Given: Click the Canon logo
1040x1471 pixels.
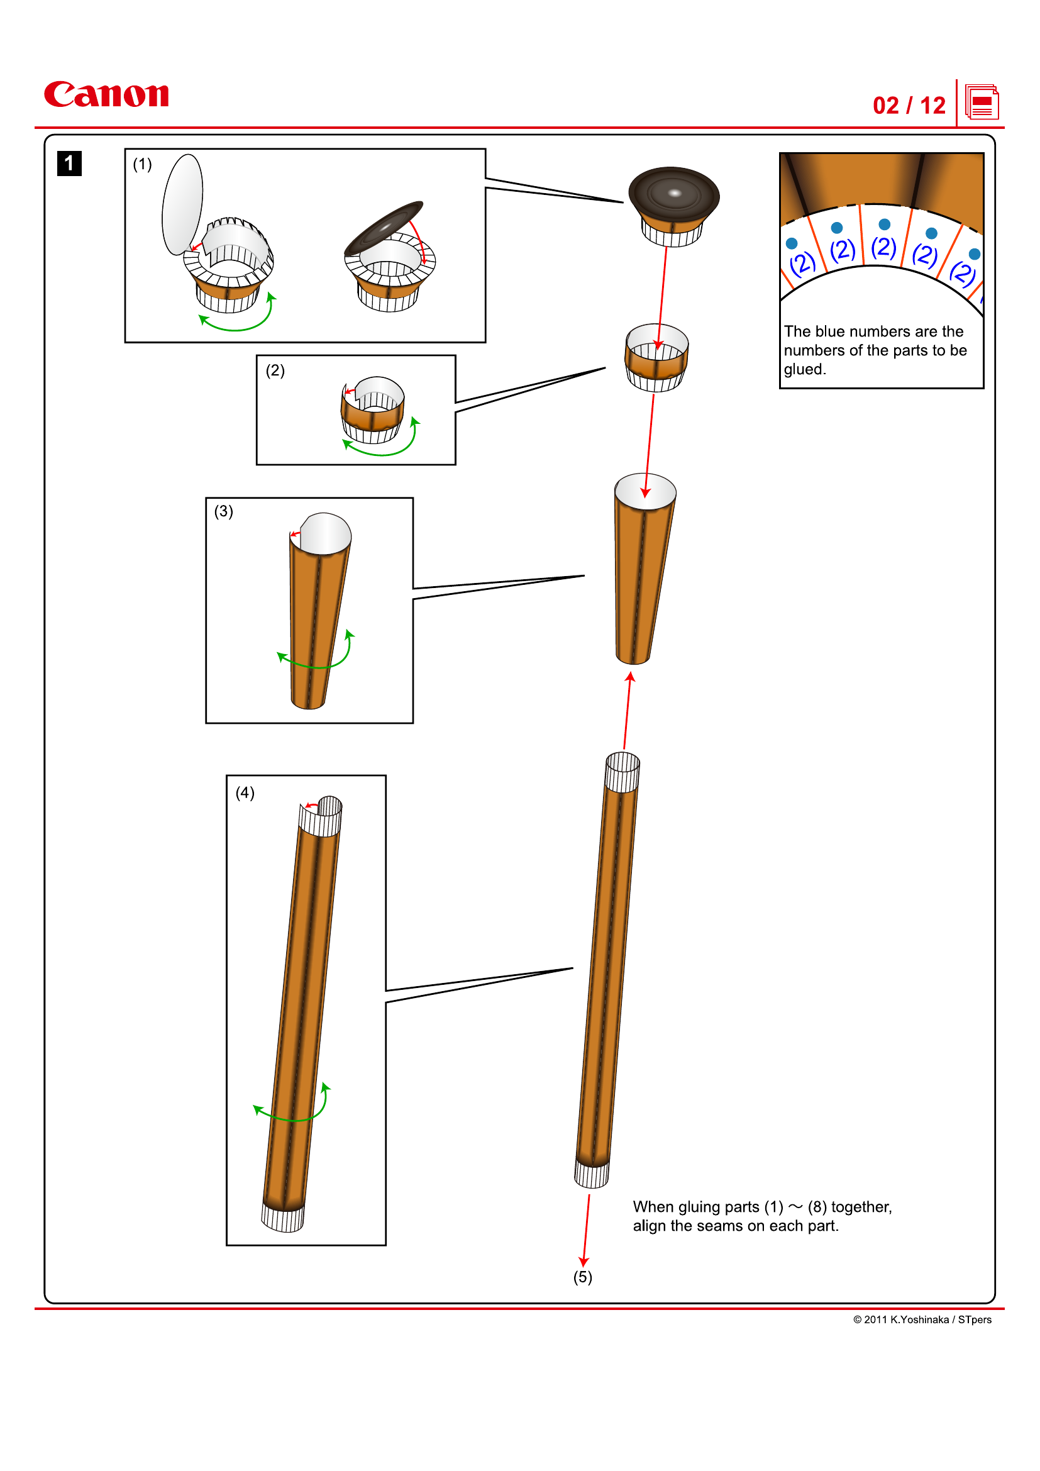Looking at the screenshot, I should tap(106, 94).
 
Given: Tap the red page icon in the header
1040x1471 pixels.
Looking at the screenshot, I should tap(981, 103).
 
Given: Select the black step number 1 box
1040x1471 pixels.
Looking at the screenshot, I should tap(69, 164).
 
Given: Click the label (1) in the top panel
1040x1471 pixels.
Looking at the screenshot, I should tap(142, 165).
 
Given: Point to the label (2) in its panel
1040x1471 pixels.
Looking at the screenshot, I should tap(275, 370).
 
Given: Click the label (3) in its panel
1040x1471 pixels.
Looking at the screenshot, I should tap(223, 511).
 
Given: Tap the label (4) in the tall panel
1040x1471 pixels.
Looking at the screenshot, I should tap(245, 793).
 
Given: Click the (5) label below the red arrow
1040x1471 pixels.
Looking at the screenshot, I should tap(582, 1277).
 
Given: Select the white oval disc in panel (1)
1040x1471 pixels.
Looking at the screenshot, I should tap(182, 204).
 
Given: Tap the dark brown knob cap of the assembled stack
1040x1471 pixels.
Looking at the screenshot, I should tap(673, 194).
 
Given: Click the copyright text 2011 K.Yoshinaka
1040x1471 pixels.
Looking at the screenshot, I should tap(906, 1320).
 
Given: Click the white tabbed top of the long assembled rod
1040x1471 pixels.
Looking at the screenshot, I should tap(622, 772).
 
